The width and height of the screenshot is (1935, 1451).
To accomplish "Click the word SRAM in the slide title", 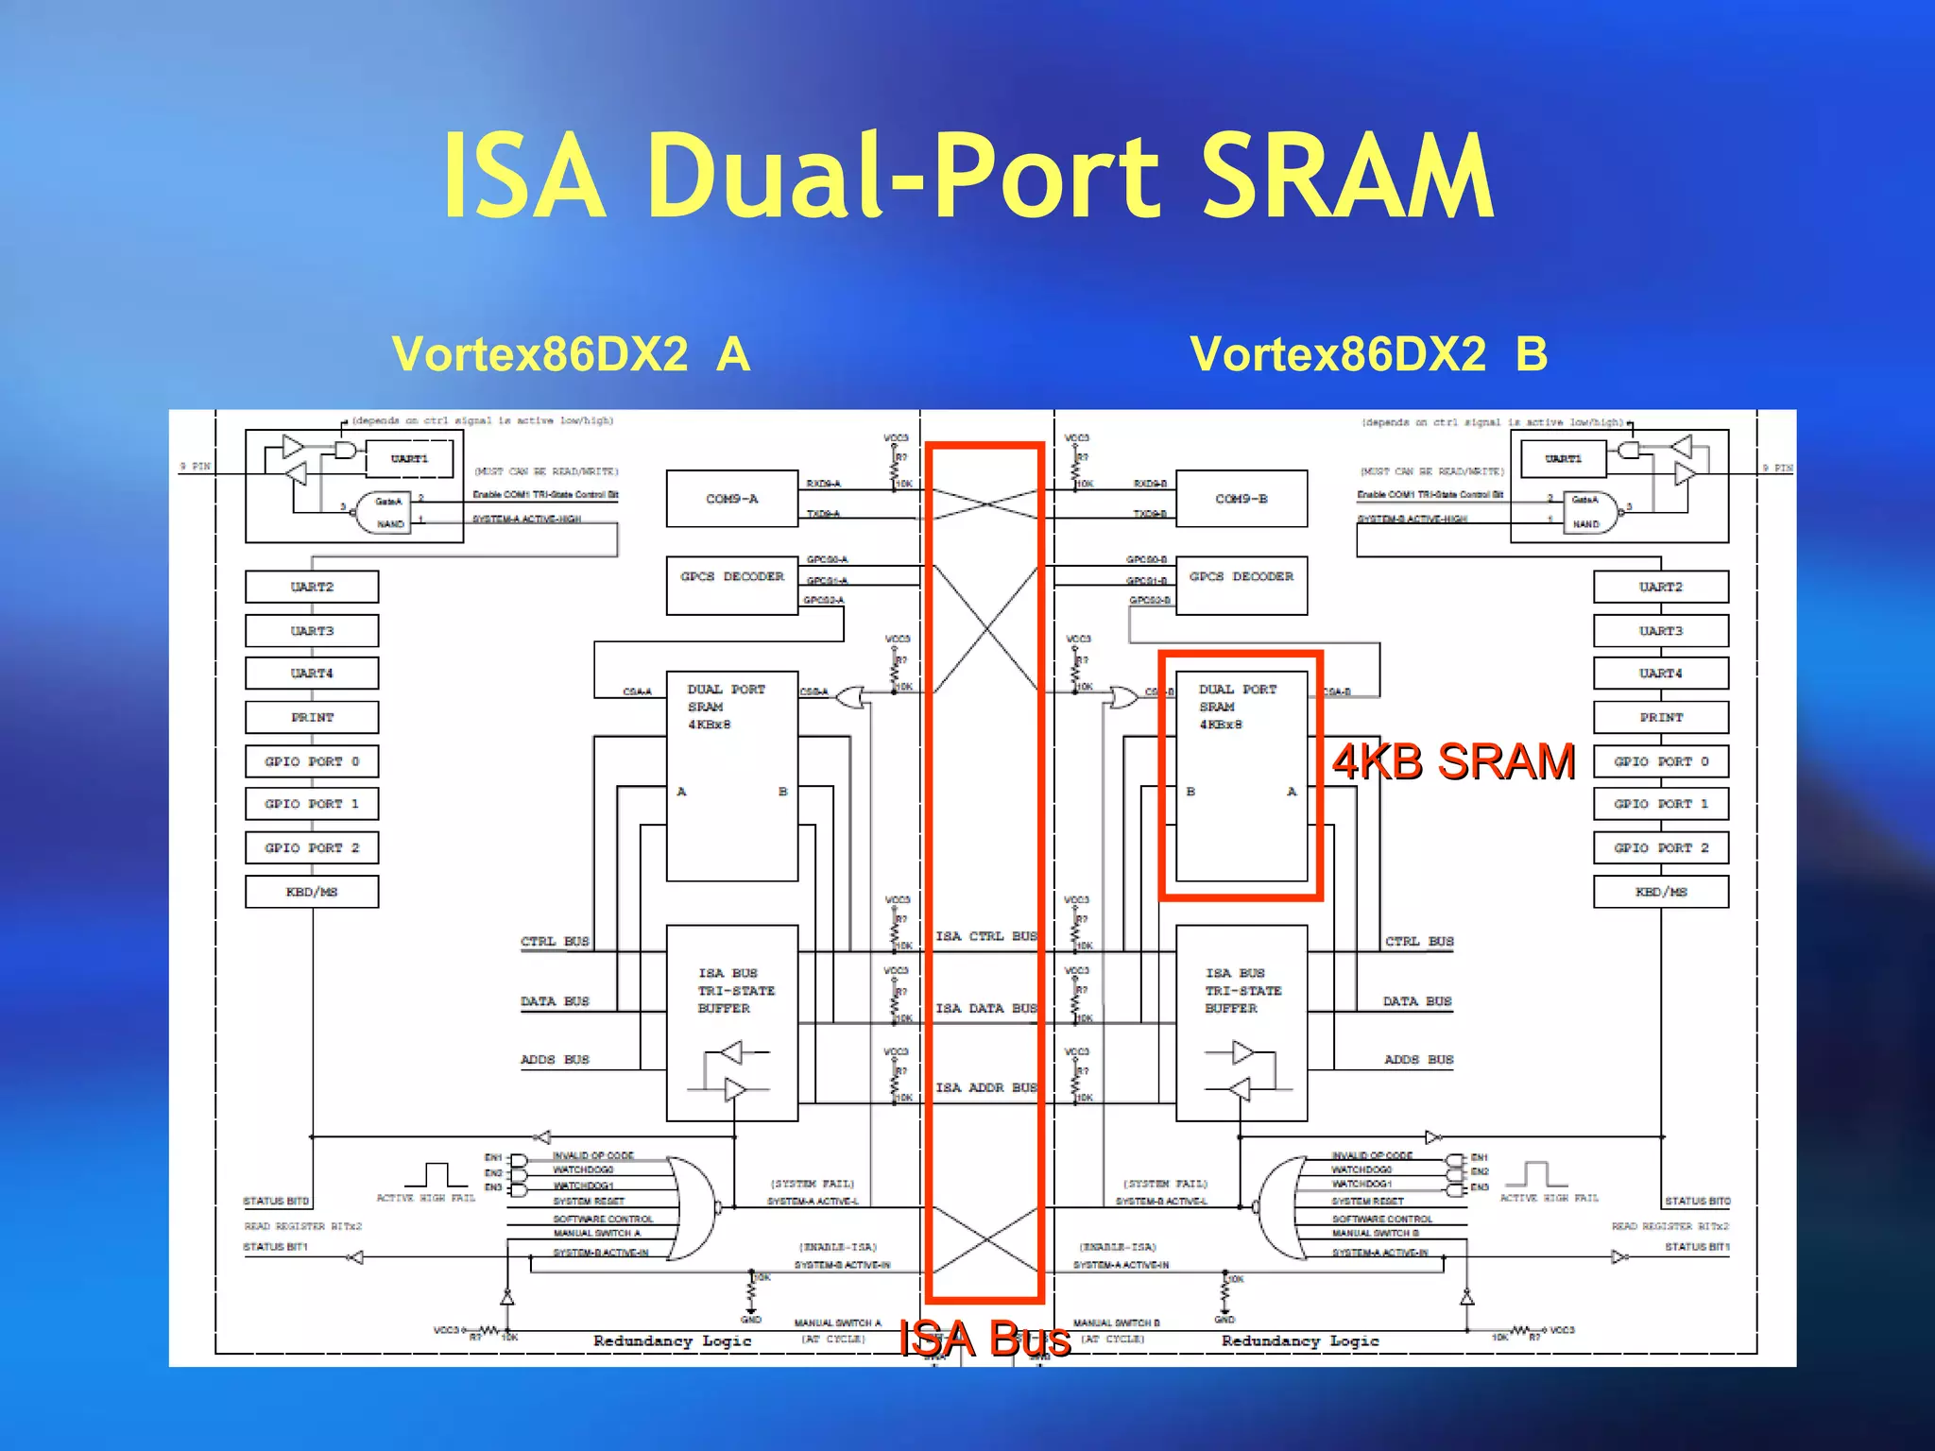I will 1347,177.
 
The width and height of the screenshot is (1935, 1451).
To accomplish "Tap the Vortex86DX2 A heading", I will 571,355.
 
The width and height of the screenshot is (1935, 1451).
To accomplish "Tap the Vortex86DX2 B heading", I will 1368,355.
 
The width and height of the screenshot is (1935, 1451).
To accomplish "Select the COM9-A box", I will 731,499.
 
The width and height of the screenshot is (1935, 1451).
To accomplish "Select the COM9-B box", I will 1241,499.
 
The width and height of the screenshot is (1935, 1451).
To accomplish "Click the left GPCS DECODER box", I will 731,585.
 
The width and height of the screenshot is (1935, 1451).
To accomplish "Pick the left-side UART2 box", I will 312,587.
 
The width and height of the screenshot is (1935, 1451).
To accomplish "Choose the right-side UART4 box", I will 1660,674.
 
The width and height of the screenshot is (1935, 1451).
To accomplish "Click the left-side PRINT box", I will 312,717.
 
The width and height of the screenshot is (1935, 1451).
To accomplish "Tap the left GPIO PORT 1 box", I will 312,804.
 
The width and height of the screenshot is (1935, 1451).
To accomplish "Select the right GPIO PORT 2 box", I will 1660,848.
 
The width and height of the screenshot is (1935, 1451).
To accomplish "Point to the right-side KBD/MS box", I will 1660,892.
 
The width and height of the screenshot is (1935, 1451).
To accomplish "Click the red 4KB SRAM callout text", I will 1453,761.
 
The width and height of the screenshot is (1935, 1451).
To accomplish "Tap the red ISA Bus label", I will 985,1339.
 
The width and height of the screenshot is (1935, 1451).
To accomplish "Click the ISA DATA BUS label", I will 985,1009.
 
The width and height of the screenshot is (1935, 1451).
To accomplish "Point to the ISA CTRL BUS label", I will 985,936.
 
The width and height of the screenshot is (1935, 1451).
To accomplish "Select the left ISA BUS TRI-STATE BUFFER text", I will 735,990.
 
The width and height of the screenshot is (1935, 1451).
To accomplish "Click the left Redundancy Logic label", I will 672,1341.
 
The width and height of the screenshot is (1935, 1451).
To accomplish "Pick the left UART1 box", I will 409,459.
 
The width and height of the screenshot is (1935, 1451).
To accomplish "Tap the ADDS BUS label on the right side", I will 1418,1060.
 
